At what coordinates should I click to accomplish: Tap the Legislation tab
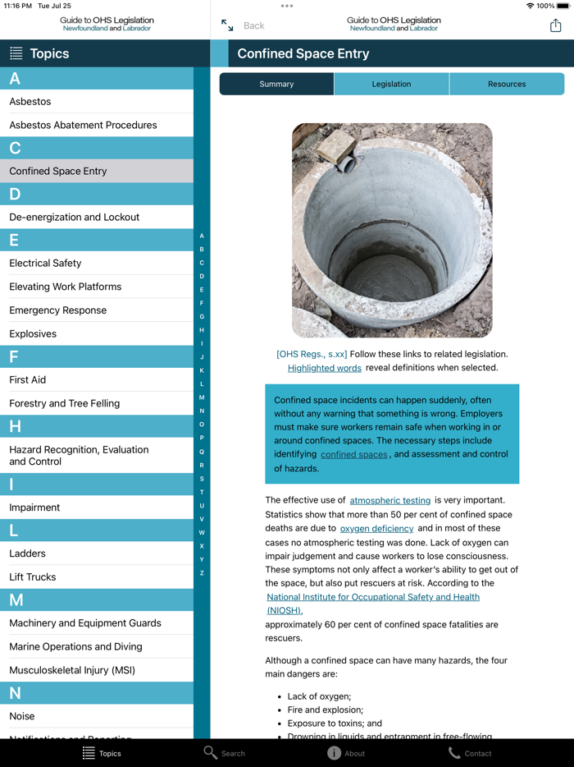pos(391,84)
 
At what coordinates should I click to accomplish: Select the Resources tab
pos(506,84)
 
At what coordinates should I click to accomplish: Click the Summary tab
pos(276,84)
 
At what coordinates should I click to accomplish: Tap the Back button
pos(253,25)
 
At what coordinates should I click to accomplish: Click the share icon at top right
pos(555,25)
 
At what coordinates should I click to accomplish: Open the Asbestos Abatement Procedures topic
pos(83,125)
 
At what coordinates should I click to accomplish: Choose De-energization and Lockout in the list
pos(74,217)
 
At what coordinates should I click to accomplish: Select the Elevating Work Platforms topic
pos(65,287)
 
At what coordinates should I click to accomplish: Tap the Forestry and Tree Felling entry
pos(64,403)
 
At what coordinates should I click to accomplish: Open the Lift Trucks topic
pos(33,576)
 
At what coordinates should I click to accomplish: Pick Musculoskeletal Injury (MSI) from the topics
pos(72,670)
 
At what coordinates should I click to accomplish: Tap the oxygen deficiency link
pos(376,529)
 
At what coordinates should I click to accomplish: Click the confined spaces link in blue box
pos(353,454)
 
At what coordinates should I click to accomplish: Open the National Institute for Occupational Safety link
pos(373,597)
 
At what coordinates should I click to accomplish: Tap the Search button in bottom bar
pos(225,753)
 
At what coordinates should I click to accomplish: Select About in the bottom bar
pos(346,753)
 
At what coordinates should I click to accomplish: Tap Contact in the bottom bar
pos(470,753)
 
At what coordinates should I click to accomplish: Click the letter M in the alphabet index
pos(202,397)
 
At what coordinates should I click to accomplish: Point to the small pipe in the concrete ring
pos(348,164)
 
